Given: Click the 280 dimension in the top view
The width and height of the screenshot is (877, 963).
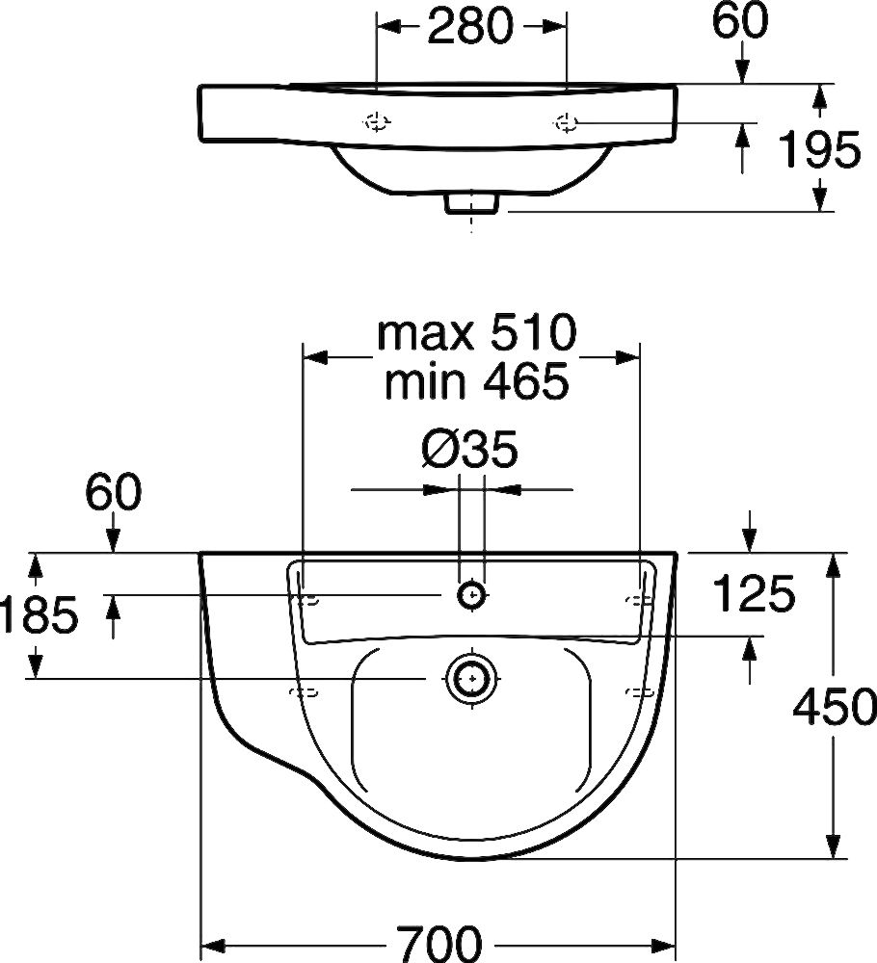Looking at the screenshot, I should (x=470, y=28).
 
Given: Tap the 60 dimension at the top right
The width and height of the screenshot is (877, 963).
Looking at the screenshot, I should (x=740, y=22).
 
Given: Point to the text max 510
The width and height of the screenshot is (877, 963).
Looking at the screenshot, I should (x=476, y=334).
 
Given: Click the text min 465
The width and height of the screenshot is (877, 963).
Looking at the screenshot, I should (x=476, y=382).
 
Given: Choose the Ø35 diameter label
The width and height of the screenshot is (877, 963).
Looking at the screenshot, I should (x=470, y=449).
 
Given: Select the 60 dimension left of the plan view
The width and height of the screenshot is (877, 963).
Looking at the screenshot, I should (x=113, y=493).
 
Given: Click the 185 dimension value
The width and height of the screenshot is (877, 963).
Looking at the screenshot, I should (x=39, y=616).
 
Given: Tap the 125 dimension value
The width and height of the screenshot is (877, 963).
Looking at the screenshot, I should (x=754, y=595).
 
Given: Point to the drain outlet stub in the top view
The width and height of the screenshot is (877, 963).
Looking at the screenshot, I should (x=471, y=203).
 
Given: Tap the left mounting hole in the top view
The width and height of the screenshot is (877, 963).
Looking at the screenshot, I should (x=376, y=122).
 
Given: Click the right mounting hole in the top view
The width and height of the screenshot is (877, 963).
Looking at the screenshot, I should (x=565, y=122).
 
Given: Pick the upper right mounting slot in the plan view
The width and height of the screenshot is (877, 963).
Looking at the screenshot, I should (x=637, y=600).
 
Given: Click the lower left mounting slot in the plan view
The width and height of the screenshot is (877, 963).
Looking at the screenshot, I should (x=304, y=691).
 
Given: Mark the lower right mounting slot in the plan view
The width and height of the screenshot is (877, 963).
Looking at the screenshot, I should (x=638, y=691).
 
